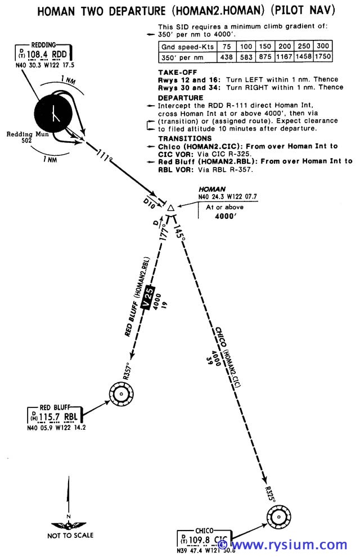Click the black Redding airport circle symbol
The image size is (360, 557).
click(x=53, y=113)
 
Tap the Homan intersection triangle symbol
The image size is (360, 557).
click(x=170, y=209)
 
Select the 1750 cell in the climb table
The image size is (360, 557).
click(x=323, y=57)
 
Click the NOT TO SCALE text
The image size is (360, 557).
click(x=71, y=535)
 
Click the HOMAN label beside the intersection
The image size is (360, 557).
click(x=212, y=190)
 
